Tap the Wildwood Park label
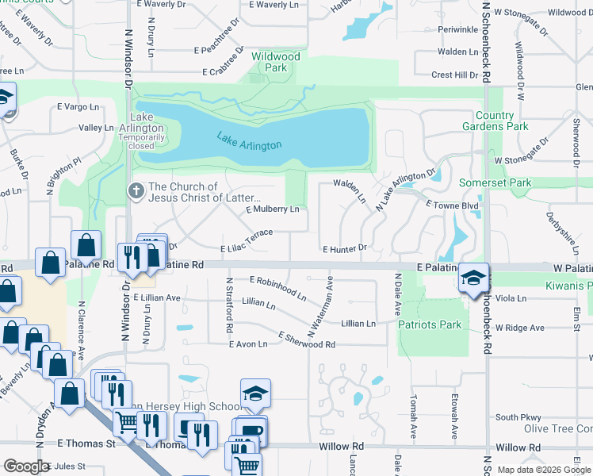(276, 62)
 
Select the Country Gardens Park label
(502, 121)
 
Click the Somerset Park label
(495, 183)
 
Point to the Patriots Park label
(430, 324)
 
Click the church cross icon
(136, 191)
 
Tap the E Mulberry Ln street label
(273, 209)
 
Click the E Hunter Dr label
(344, 248)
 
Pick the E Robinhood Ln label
(278, 288)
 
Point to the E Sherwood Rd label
(307, 340)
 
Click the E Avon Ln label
(247, 344)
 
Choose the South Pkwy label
(518, 417)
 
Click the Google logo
(26, 466)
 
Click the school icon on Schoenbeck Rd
(473, 278)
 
